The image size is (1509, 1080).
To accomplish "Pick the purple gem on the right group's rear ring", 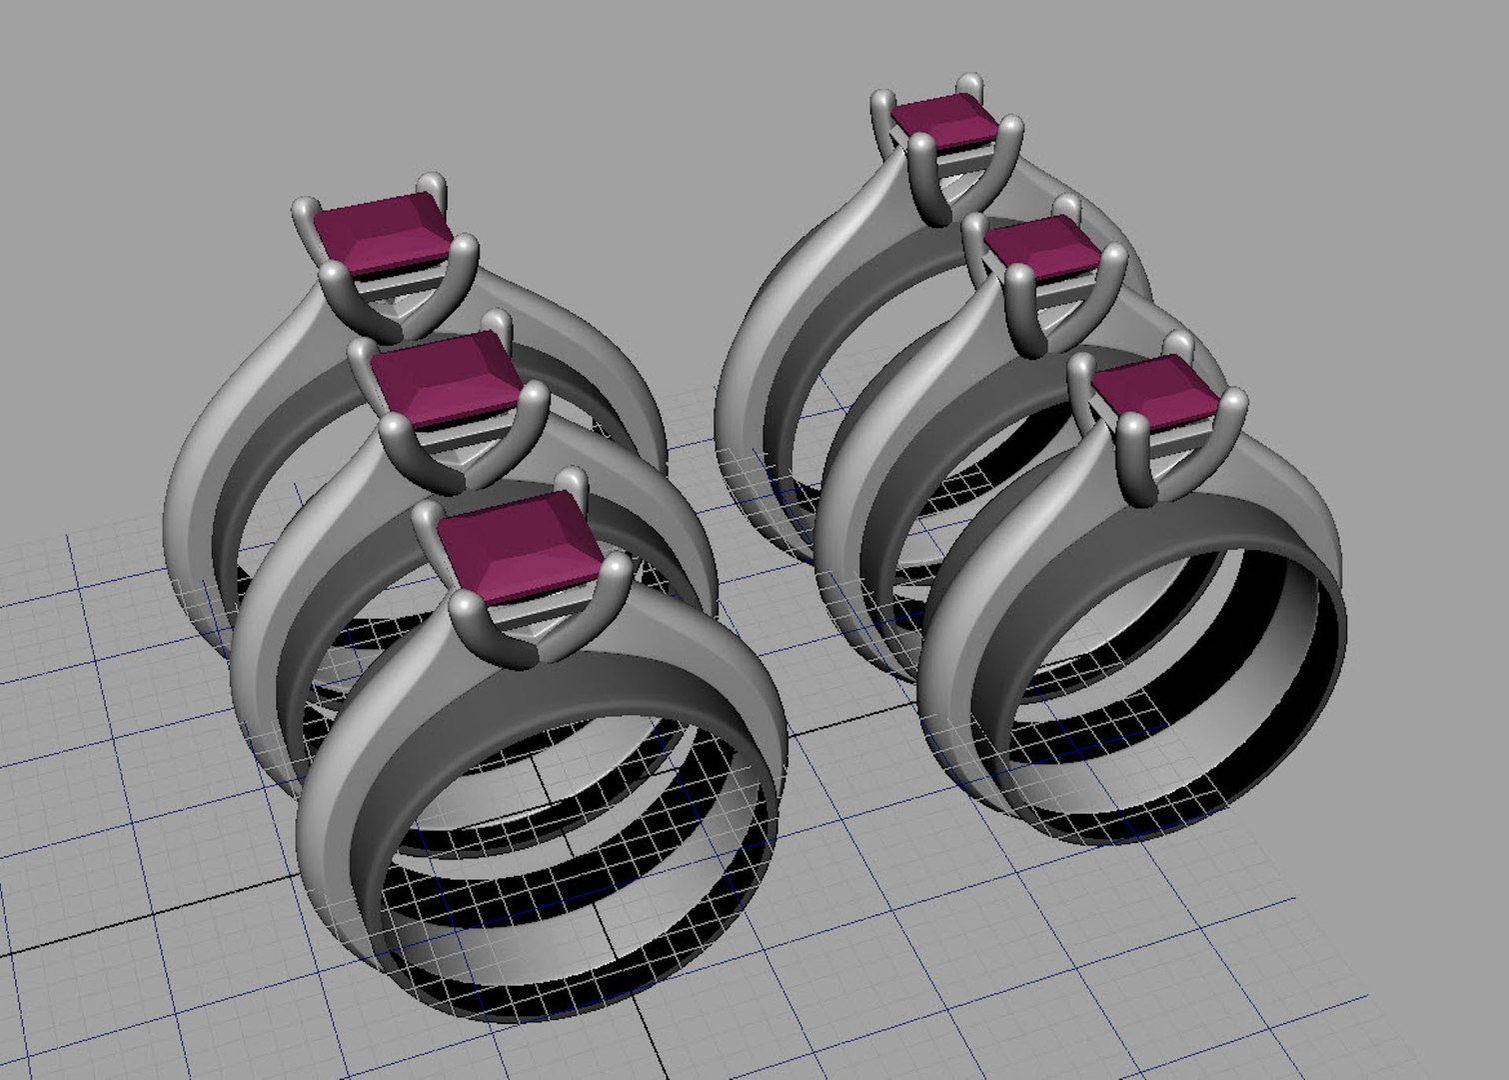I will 943,121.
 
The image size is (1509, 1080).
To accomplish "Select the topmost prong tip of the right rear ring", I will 968,82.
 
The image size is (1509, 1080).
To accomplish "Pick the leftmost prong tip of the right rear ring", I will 882,101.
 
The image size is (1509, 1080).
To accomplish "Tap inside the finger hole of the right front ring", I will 1159,720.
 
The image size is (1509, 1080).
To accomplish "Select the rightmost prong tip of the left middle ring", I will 536,397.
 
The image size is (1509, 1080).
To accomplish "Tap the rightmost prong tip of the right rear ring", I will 1010,127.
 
